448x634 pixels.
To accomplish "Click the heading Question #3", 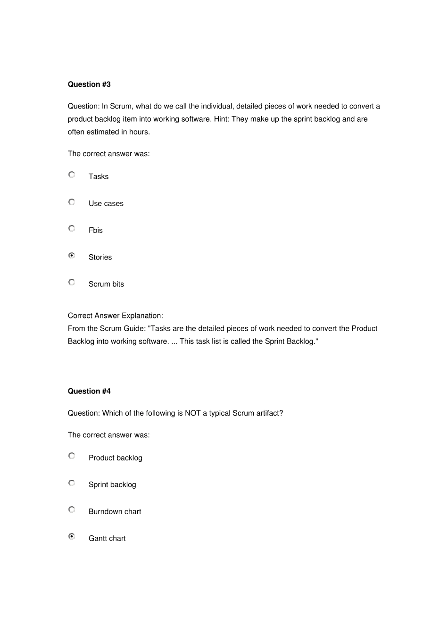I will coord(89,84).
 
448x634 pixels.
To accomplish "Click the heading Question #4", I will coord(89,391).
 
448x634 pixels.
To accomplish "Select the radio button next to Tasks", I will coord(72,175).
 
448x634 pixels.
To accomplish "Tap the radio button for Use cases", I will coord(72,202).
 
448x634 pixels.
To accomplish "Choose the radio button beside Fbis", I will coord(72,229).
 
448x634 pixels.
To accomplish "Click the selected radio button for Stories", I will coord(72,256).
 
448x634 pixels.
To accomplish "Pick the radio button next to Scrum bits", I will coord(72,283).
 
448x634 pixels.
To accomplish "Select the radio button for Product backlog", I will coord(72,456).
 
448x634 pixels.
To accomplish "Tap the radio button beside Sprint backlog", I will coord(72,483).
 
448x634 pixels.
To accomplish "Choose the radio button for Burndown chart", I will coord(72,510).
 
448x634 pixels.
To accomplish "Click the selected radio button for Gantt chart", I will coord(72,537).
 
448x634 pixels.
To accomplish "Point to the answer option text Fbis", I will coord(96,230).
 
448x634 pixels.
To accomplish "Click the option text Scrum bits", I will coord(106,284).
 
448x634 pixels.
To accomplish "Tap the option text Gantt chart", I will coord(107,538).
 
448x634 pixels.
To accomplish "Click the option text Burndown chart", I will coord(115,511).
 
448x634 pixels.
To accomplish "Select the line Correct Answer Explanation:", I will coord(116,316).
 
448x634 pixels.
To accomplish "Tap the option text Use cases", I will coord(106,203).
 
